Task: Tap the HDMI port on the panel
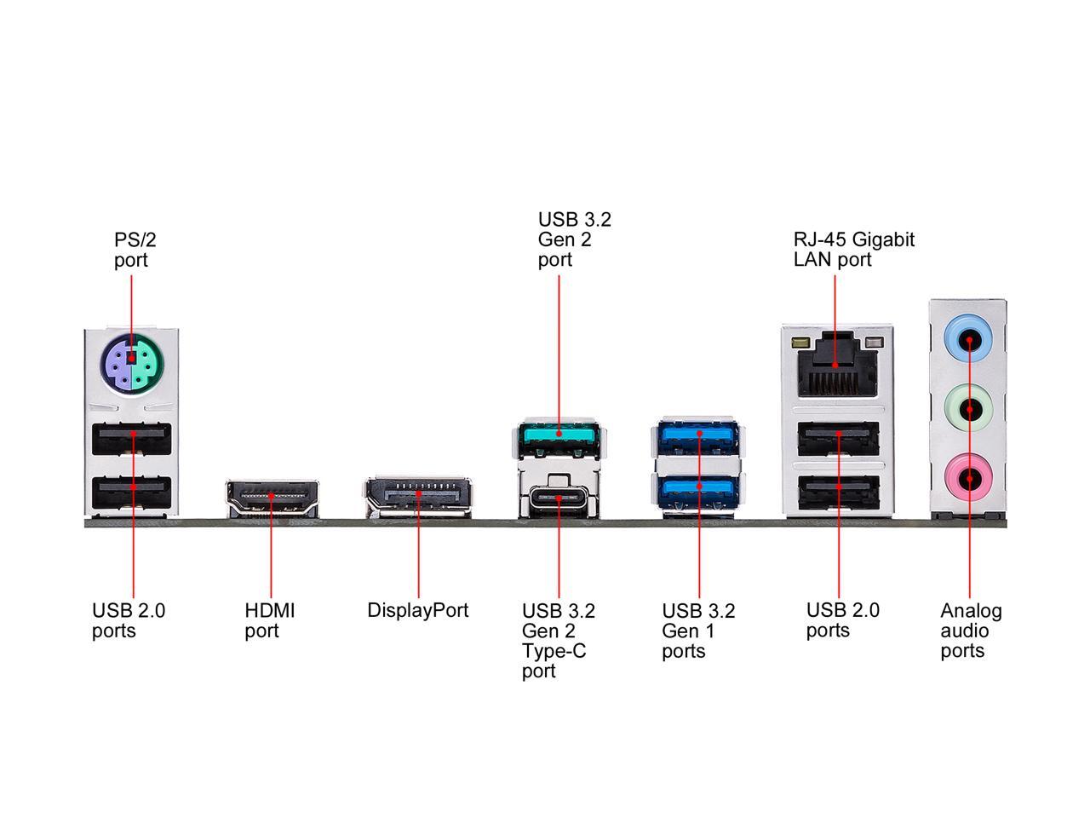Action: (272, 498)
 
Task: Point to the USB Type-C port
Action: (559, 498)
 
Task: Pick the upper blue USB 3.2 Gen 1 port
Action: (698, 435)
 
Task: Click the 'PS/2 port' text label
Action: (135, 249)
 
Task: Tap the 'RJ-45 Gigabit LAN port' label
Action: (853, 249)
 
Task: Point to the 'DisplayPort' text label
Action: (417, 610)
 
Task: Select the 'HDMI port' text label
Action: (269, 620)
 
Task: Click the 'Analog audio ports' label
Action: (971, 631)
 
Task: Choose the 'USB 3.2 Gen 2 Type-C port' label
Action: (558, 641)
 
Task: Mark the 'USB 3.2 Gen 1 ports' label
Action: (697, 631)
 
